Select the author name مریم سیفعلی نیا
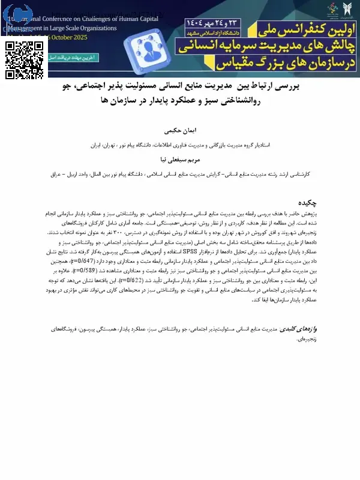point(180,161)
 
